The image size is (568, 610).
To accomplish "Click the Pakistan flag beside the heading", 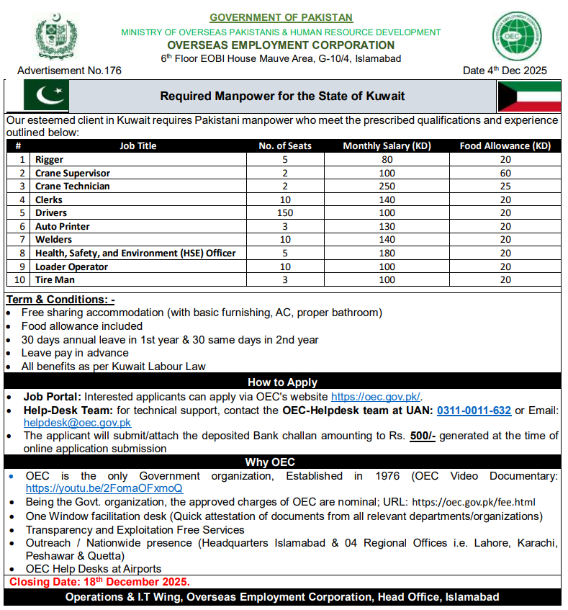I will (46, 97).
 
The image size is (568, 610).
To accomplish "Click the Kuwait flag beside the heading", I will (529, 97).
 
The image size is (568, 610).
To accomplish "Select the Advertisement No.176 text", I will (69, 71).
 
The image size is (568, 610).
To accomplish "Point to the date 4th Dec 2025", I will (505, 71).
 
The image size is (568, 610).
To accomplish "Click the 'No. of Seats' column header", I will (285, 146).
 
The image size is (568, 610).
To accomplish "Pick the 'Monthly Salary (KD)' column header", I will (387, 146).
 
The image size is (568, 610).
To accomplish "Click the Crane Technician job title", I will (73, 187).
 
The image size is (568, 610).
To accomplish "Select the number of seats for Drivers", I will (285, 213).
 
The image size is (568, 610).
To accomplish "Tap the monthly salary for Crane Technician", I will (387, 187).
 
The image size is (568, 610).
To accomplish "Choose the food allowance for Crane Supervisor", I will (505, 173).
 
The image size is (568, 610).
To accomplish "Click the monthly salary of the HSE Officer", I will (387, 254).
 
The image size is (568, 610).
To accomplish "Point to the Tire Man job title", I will (55, 280).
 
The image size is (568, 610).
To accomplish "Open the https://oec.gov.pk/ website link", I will (376, 397).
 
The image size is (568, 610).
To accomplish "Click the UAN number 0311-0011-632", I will (474, 411).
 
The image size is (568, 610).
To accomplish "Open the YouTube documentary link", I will (104, 488).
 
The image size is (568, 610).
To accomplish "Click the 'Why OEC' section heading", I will (270, 462).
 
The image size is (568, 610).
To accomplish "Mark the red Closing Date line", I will (99, 582).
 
